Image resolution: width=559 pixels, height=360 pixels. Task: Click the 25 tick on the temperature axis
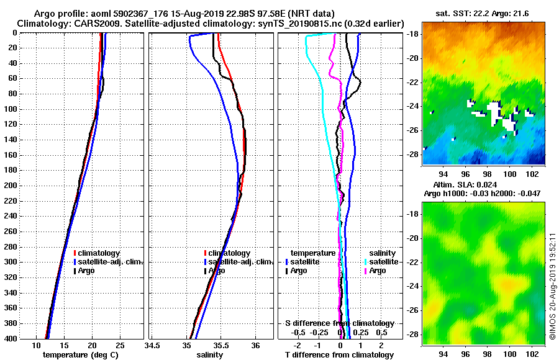tap(120, 345)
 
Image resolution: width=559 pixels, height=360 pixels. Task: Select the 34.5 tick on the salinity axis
tap(153, 345)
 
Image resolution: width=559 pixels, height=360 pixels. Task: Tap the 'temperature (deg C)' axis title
tap(80, 355)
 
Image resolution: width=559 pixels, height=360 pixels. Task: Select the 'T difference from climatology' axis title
tap(339, 355)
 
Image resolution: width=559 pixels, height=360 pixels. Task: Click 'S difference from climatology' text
tap(339, 323)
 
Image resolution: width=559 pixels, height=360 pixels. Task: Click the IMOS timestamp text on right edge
tap(552, 286)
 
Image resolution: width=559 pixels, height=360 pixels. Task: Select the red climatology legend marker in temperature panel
tap(75, 253)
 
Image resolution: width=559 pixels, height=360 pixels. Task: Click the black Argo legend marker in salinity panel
tap(205, 271)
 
